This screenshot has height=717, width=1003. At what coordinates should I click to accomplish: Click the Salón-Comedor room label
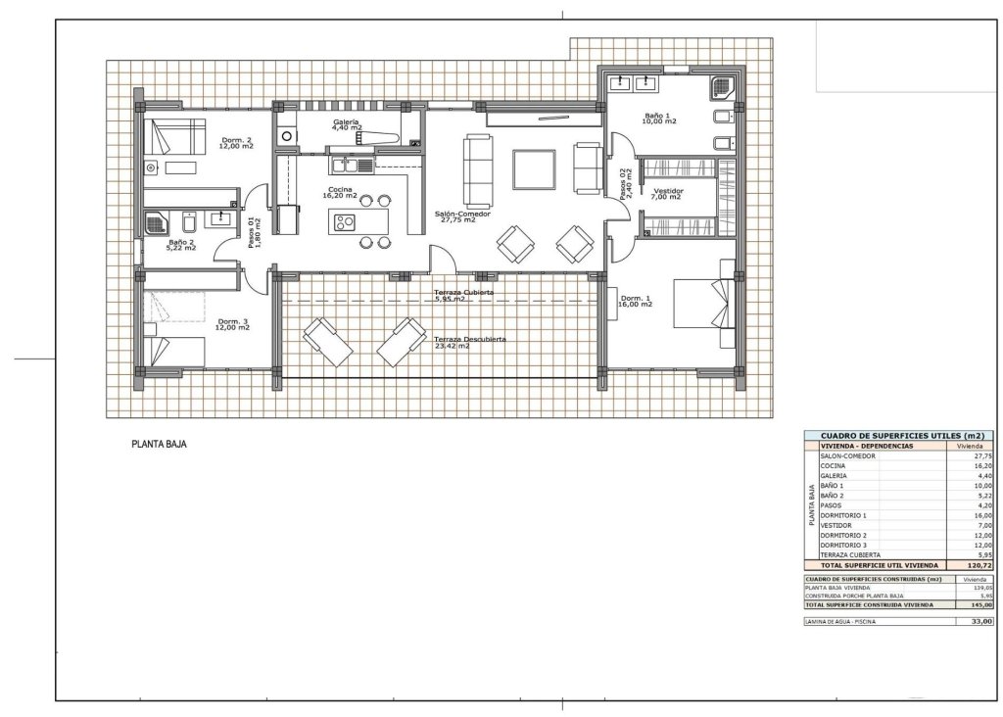(x=463, y=215)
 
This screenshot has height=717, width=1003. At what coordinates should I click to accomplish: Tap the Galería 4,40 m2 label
(x=346, y=124)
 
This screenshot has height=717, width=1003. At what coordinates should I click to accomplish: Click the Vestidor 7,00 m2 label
(x=668, y=193)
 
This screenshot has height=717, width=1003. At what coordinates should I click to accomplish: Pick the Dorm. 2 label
(x=236, y=142)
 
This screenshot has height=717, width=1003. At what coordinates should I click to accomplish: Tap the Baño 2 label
(x=181, y=245)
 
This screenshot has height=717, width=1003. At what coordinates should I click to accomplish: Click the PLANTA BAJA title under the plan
(x=159, y=444)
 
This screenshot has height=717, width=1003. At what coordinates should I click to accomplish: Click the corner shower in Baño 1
(x=724, y=86)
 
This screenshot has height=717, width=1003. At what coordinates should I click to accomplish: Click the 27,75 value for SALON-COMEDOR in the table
(x=982, y=455)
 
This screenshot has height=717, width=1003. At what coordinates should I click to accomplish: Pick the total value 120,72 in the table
(x=979, y=565)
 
